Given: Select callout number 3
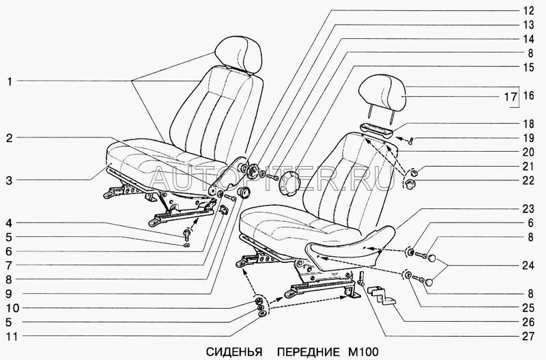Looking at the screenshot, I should [10, 181].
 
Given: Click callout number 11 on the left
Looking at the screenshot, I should [10, 337].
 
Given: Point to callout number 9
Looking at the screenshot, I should [10, 294].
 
